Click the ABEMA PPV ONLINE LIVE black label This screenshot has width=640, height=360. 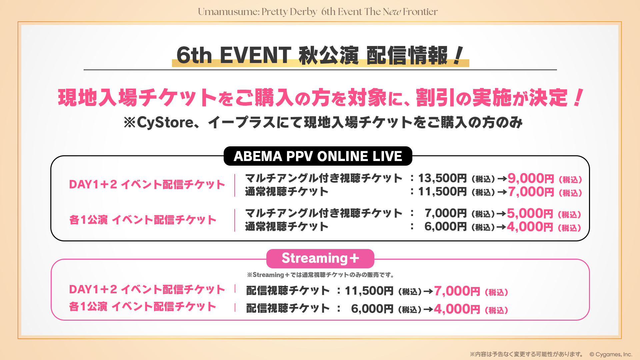click(x=318, y=156)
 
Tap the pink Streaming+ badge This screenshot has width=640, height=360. click(x=320, y=258)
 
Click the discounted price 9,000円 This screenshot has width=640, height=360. click(x=531, y=178)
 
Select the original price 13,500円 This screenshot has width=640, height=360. click(x=442, y=178)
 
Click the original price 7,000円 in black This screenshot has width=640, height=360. click(x=445, y=213)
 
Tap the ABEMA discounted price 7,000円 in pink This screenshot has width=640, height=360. click(x=531, y=192)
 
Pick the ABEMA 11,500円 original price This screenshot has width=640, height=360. click(x=442, y=192)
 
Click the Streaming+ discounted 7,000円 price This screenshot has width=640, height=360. click(x=457, y=291)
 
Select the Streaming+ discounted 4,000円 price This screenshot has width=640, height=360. click(x=457, y=309)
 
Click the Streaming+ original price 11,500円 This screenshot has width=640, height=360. click(x=369, y=291)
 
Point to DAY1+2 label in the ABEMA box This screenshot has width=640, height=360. click(x=93, y=184)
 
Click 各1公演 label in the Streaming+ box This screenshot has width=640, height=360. click(x=88, y=306)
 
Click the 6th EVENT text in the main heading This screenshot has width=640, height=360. click(x=234, y=55)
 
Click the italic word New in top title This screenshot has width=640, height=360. click(x=392, y=12)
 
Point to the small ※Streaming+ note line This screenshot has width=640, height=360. click(x=321, y=275)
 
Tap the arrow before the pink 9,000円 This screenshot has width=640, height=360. click(x=502, y=179)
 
